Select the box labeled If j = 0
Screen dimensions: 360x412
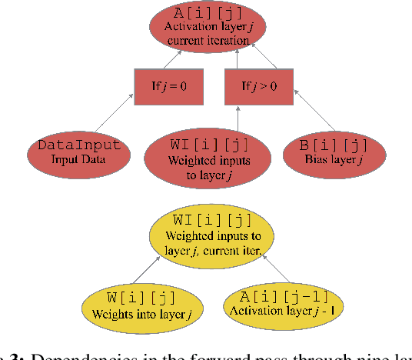(x=168, y=87)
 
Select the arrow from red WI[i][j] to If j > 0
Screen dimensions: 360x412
(x=238, y=118)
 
